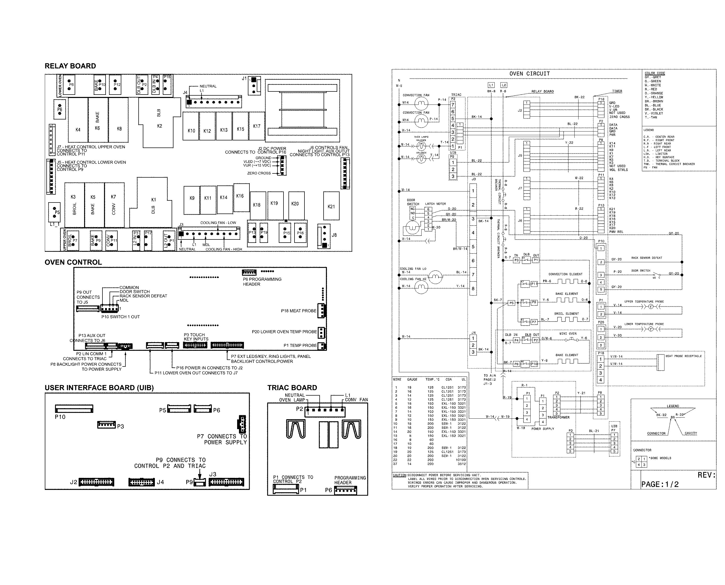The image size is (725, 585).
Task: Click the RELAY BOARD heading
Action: (70, 66)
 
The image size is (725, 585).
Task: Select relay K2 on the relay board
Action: (159, 126)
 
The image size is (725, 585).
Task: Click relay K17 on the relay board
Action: (257, 126)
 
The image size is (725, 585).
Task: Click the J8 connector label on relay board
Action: (334, 235)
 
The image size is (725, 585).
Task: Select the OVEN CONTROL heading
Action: (73, 262)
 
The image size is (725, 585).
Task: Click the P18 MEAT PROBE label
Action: (298, 311)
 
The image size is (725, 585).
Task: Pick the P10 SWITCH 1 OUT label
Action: (120, 317)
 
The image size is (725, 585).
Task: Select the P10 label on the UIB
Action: (60, 417)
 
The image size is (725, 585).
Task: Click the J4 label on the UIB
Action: (160, 482)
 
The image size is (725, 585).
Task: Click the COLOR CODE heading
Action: (655, 73)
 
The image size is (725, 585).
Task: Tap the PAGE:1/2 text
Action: (659, 484)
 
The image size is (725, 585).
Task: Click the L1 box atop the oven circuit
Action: (491, 85)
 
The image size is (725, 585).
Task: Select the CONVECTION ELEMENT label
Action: (565, 274)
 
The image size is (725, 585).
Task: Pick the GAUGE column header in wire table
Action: (412, 379)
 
